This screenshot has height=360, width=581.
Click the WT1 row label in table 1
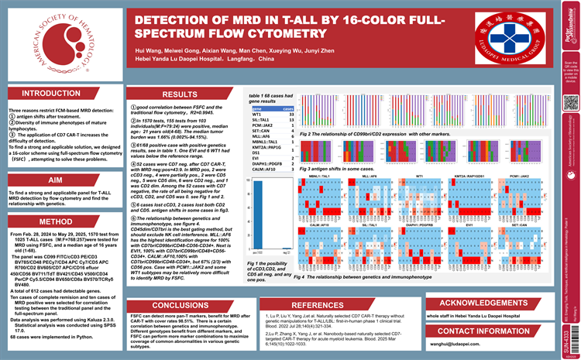(x=256, y=115)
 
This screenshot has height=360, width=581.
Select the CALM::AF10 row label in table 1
(x=263, y=170)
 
